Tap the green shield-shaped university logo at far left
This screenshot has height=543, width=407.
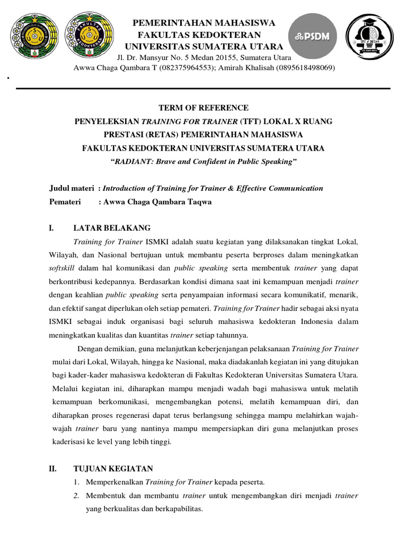click(34, 37)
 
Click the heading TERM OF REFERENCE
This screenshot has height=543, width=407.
click(203, 108)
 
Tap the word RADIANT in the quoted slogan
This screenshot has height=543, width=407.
click(130, 162)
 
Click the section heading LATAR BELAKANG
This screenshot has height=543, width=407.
click(112, 228)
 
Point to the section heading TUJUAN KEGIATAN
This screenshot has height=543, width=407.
click(113, 468)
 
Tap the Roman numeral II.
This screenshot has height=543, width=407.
click(52, 468)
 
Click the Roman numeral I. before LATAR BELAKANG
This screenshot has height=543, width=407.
click(51, 228)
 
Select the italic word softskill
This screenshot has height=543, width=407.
click(61, 268)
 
